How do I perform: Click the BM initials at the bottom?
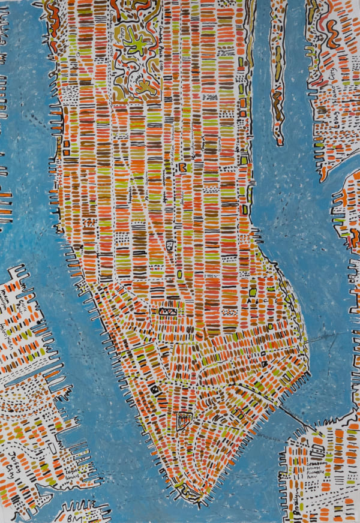pos(70,513)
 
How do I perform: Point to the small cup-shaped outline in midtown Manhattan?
pos(170,245)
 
